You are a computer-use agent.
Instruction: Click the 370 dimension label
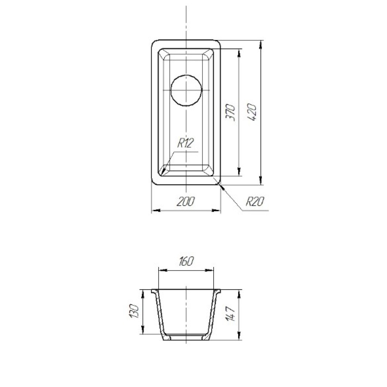[231, 113]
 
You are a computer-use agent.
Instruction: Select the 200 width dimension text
[186, 201]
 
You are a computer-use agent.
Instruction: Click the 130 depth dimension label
[135, 311]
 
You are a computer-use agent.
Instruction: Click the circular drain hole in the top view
[187, 90]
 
